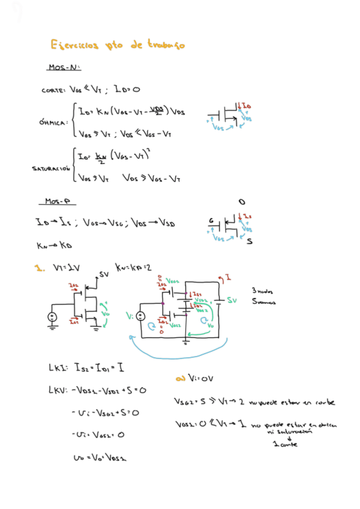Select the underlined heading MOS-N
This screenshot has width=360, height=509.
[x=64, y=67]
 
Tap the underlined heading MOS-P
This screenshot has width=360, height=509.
[x=60, y=201]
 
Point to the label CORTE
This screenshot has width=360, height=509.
[x=53, y=91]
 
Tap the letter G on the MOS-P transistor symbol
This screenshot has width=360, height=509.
[x=211, y=220]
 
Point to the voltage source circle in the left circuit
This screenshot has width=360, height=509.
[x=52, y=316]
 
